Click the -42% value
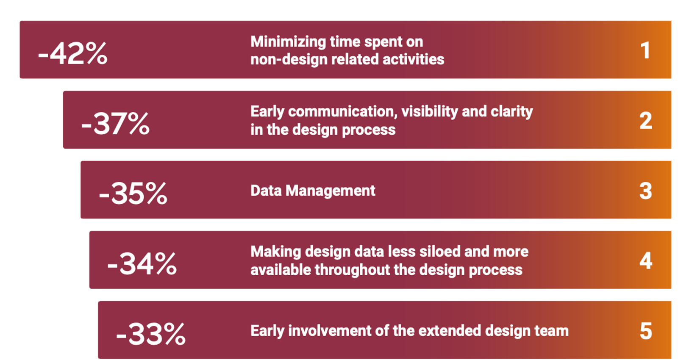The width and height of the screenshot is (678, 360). click(72, 53)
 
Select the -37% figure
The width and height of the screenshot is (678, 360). click(115, 123)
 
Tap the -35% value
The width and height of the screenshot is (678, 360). click(133, 193)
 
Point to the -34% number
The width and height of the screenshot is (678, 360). click(142, 263)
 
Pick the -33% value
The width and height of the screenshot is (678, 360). click(151, 334)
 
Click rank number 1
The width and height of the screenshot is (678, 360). click(645, 50)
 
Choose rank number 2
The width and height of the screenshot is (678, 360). click(646, 120)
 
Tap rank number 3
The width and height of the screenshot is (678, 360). click(646, 191)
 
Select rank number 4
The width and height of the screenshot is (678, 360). click(646, 260)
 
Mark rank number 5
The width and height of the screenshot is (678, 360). click(646, 331)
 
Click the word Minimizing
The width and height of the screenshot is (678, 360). click(288, 42)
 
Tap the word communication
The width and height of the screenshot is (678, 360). click(343, 112)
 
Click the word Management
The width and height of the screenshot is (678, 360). click(330, 191)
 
